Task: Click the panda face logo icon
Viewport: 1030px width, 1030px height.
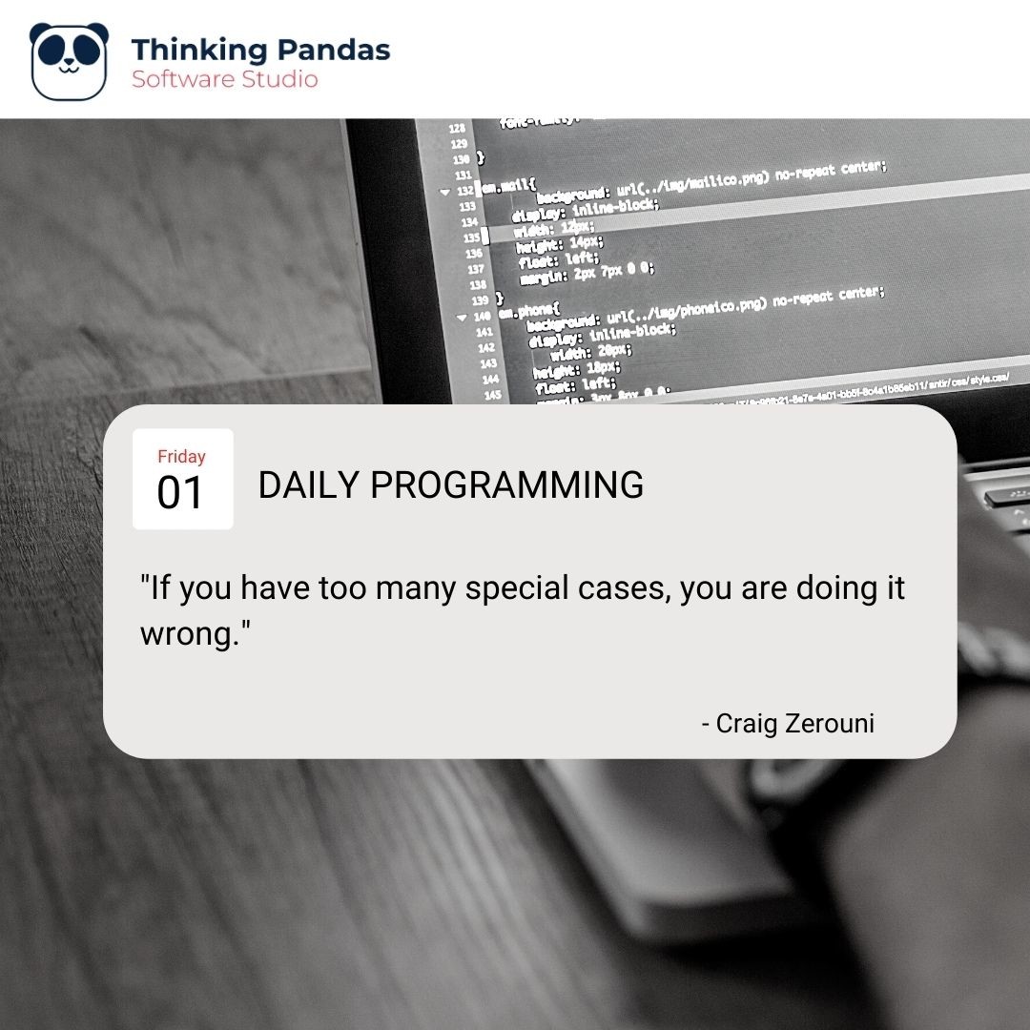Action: pos(68,61)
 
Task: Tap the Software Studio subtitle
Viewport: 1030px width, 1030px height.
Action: pos(225,79)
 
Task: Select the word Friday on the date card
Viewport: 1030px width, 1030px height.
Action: pos(181,457)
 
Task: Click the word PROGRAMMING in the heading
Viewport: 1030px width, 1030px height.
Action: pos(506,485)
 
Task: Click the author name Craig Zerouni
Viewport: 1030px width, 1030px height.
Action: pos(794,724)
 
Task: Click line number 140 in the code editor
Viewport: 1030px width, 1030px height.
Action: pos(482,316)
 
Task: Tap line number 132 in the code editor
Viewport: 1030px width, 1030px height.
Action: pos(465,190)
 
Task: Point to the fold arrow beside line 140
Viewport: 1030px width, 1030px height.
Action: pos(463,317)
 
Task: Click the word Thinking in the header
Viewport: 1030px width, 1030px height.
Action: pos(193,50)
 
